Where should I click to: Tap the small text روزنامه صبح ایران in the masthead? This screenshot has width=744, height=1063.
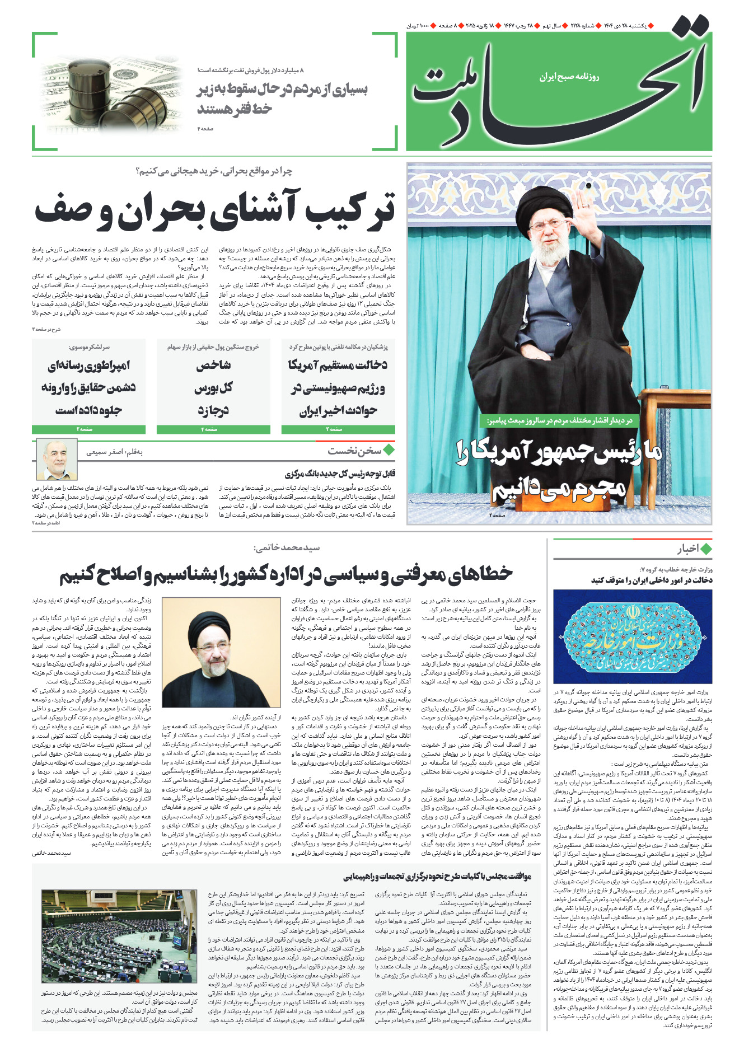(569, 77)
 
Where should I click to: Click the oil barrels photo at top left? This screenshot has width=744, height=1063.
(112, 92)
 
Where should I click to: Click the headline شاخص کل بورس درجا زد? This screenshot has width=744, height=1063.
(213, 387)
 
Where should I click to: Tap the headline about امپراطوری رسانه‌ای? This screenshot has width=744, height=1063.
(88, 387)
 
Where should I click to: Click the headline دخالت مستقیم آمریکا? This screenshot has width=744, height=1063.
(338, 387)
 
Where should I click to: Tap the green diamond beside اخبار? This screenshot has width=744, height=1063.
(706, 549)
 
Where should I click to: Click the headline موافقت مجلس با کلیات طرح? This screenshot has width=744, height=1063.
(437, 876)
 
